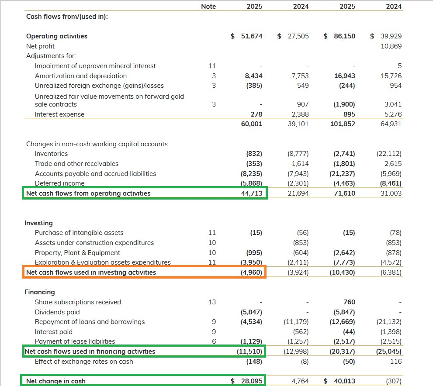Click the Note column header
click(208, 7)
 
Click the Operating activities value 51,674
click(252, 36)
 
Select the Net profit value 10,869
click(391, 46)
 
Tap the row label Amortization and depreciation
click(81, 76)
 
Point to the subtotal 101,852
click(343, 124)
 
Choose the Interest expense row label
click(59, 114)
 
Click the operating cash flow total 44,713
click(252, 193)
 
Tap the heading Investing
click(38, 223)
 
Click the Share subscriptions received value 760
click(349, 302)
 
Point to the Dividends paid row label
click(57, 312)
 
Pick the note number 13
click(212, 302)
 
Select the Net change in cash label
click(56, 381)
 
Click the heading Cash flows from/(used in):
click(67, 17)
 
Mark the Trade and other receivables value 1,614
click(300, 164)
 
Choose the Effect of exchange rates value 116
click(396, 362)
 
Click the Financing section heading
click(39, 292)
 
